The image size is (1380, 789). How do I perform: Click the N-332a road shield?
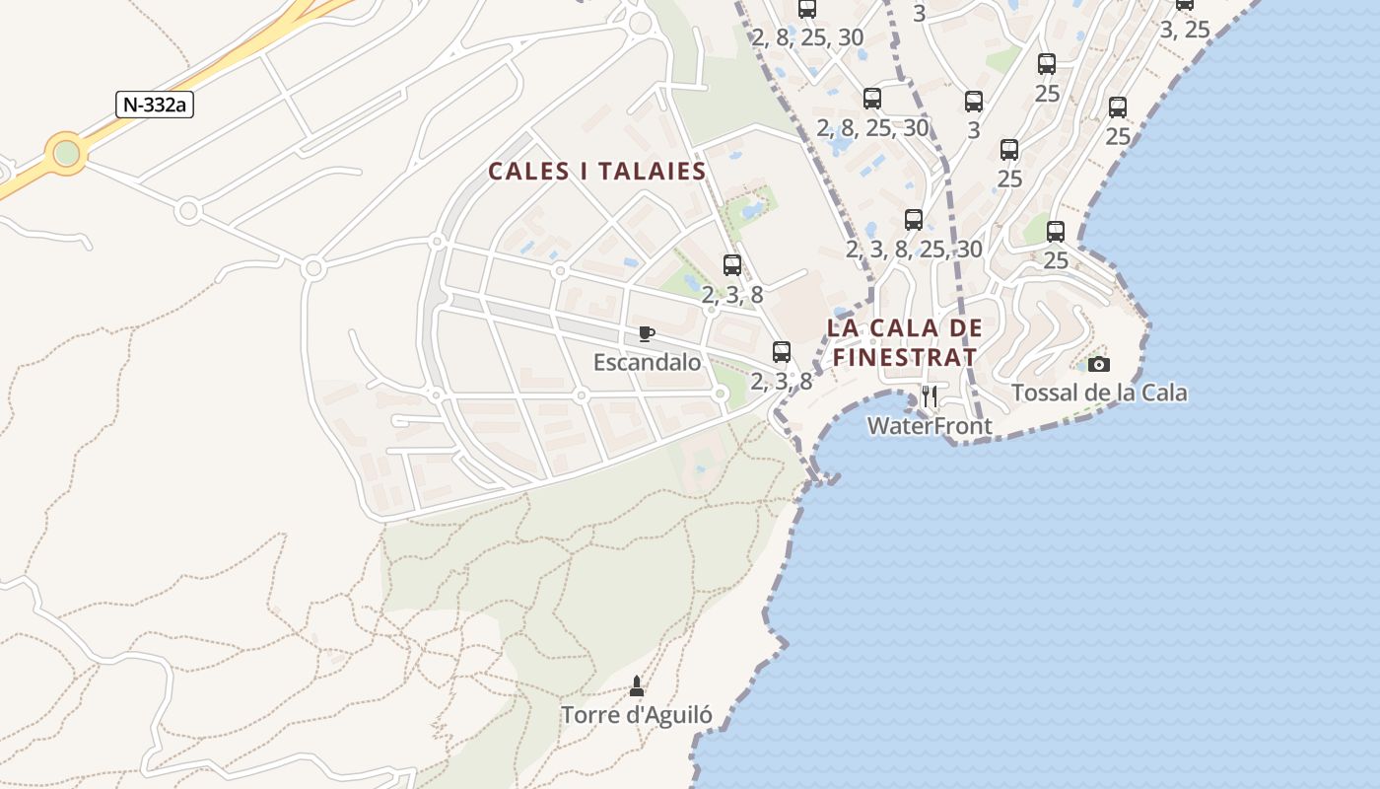(x=155, y=105)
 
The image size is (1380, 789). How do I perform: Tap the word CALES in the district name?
(x=529, y=172)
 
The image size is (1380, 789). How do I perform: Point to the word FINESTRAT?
(x=905, y=357)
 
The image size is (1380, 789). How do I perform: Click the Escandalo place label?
(x=647, y=363)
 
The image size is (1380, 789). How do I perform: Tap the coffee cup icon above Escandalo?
(x=646, y=333)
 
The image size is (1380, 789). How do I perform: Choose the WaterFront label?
(x=929, y=426)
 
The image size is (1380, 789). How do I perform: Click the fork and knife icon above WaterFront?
(x=929, y=396)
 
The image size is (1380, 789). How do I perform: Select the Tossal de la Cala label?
(x=1099, y=394)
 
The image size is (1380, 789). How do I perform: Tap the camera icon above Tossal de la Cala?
(x=1099, y=364)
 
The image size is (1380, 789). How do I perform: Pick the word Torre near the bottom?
(x=591, y=715)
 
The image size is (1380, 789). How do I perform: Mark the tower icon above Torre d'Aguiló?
(x=637, y=685)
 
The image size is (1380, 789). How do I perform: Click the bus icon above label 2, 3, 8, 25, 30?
(x=914, y=220)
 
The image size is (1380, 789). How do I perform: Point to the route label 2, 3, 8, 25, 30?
(x=914, y=250)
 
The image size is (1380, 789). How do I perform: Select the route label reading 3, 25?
(x=1184, y=30)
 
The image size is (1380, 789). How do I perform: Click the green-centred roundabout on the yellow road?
(x=66, y=154)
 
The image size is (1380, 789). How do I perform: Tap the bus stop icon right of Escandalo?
(x=782, y=351)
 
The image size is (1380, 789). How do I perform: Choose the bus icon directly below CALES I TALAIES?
(x=732, y=264)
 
